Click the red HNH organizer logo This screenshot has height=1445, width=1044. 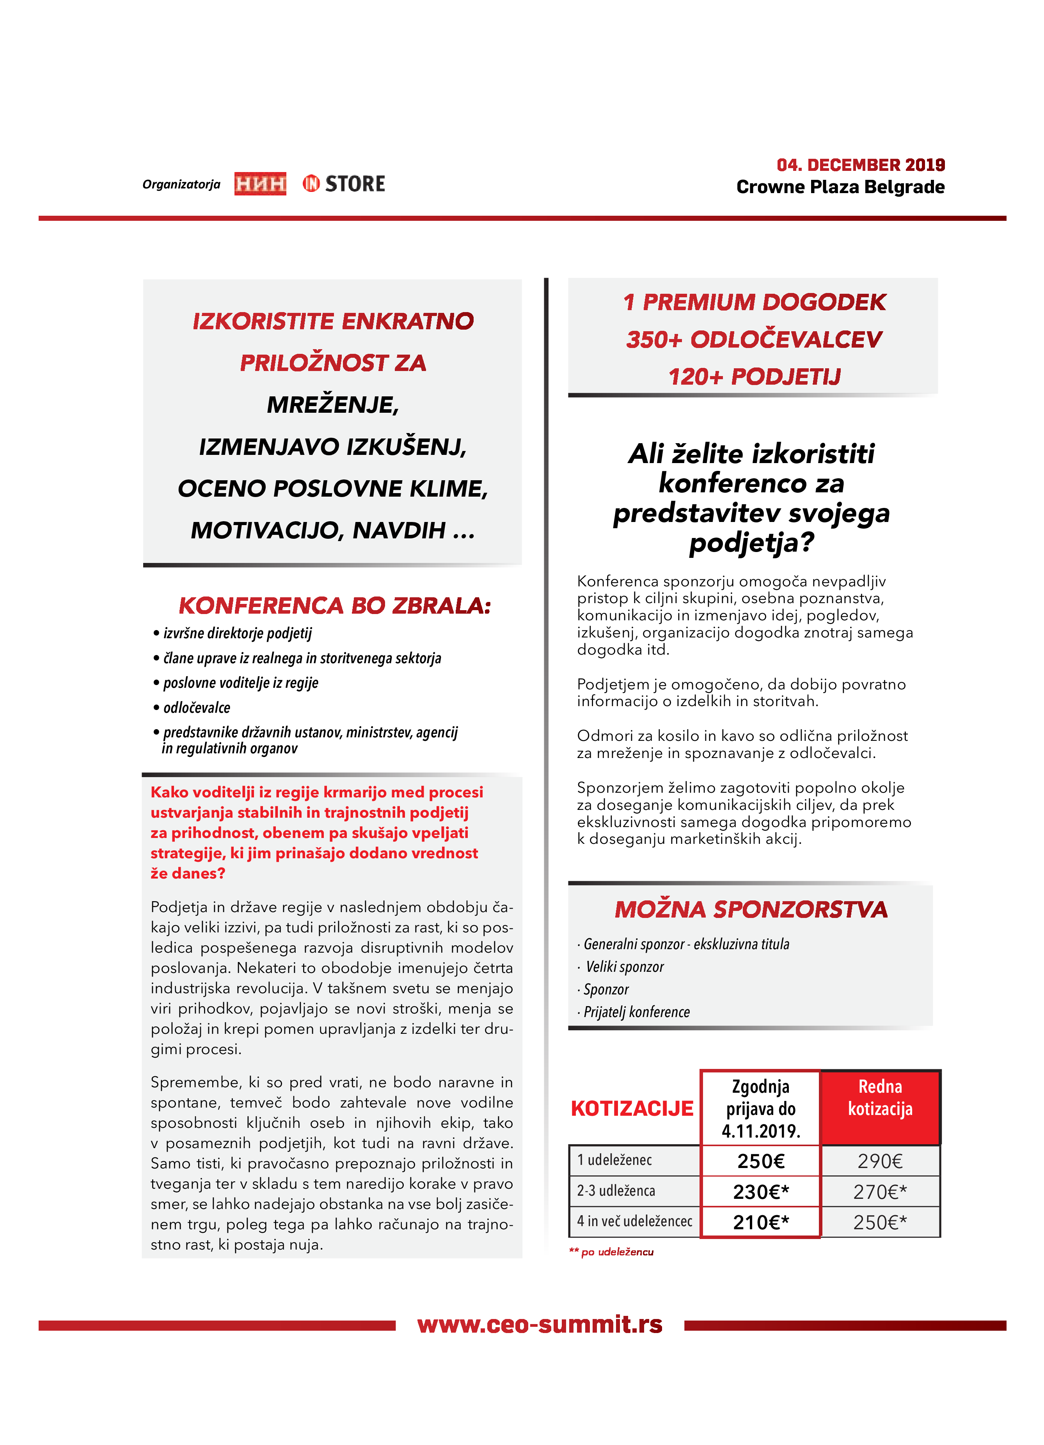pos(260,183)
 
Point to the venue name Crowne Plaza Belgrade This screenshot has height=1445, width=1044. pos(840,187)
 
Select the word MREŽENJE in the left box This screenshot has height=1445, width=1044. pos(332,405)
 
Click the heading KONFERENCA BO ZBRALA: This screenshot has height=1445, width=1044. pos(334,605)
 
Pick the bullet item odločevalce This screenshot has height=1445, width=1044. pos(196,708)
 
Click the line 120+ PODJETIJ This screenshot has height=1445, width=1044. pos(754,376)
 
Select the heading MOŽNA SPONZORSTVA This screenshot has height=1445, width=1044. pos(751,909)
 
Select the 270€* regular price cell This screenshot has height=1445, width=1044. pos(880,1191)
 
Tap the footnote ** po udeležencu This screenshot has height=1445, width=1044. pos(611,1252)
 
